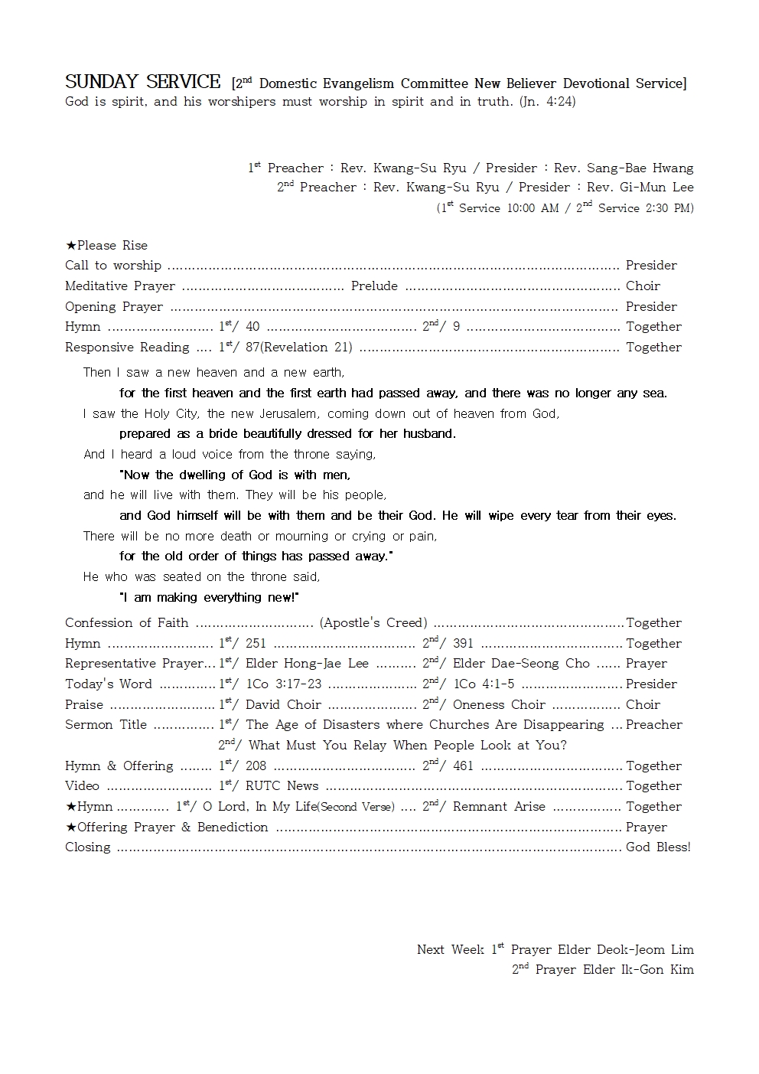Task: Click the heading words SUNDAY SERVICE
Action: (142, 82)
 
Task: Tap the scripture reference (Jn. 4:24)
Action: (547, 102)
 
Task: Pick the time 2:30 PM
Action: (669, 208)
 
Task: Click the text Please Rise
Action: (112, 246)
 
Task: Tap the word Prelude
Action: (374, 286)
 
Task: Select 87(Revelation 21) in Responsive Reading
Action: (298, 348)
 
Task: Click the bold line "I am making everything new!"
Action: (210, 598)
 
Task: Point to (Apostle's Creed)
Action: (373, 623)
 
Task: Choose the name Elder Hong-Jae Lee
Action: (307, 664)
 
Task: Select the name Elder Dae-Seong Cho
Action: (521, 664)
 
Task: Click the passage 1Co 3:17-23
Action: (284, 684)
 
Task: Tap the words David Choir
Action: (283, 705)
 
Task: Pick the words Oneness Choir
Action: (499, 705)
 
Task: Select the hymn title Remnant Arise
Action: (499, 807)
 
